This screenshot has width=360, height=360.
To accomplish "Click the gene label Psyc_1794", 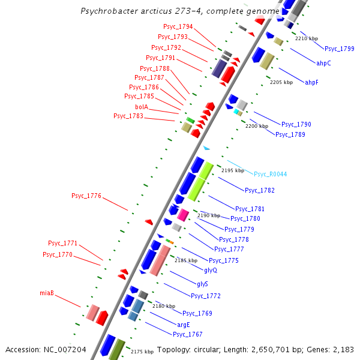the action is pos(178,27).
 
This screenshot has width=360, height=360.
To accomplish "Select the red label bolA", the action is pos(142,107).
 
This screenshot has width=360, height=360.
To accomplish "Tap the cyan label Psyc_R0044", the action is pos(270,174).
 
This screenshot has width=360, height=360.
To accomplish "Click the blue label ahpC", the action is pos(323,63).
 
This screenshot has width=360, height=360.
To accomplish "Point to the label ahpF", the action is pos(311,82).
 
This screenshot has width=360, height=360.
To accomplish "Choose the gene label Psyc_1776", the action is pos(86,196).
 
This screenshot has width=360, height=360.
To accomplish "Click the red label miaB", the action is pos(47,293).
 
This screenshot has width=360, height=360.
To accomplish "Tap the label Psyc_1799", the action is pos(340,49).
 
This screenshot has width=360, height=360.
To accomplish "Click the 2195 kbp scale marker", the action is pos(233,170).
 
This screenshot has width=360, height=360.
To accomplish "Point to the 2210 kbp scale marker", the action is pos(307,38).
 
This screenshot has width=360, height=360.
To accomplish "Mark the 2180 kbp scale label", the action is pos(163,306).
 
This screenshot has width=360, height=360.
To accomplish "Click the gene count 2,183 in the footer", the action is pos(342,349).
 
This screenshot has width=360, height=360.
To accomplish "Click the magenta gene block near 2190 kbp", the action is pos(182,215).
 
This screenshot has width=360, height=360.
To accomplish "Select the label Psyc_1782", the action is pos(260,190).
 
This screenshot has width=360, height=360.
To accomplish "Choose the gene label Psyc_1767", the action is pos(188,334).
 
